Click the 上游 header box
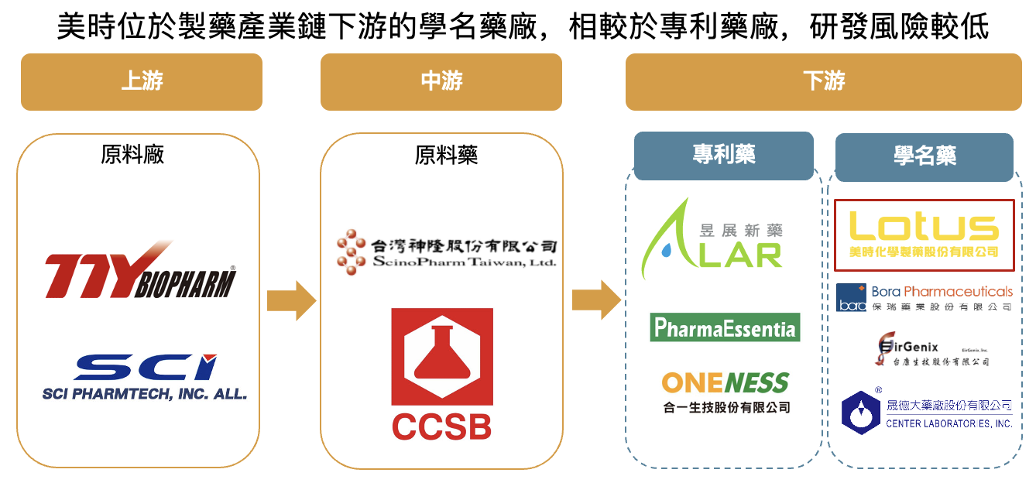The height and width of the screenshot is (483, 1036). pyautogui.click(x=141, y=81)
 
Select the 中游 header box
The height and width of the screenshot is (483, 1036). pyautogui.click(x=441, y=81)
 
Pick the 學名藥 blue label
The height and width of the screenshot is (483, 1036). pyautogui.click(x=924, y=156)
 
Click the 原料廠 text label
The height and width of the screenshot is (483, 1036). pyautogui.click(x=132, y=155)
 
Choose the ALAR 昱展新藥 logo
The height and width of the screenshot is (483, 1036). pyautogui.click(x=712, y=240)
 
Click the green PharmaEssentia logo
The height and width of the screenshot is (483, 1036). pyautogui.click(x=725, y=327)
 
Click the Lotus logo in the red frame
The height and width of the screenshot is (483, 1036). pyautogui.click(x=924, y=235)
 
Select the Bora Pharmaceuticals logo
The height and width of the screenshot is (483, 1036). pyautogui.click(x=924, y=297)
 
